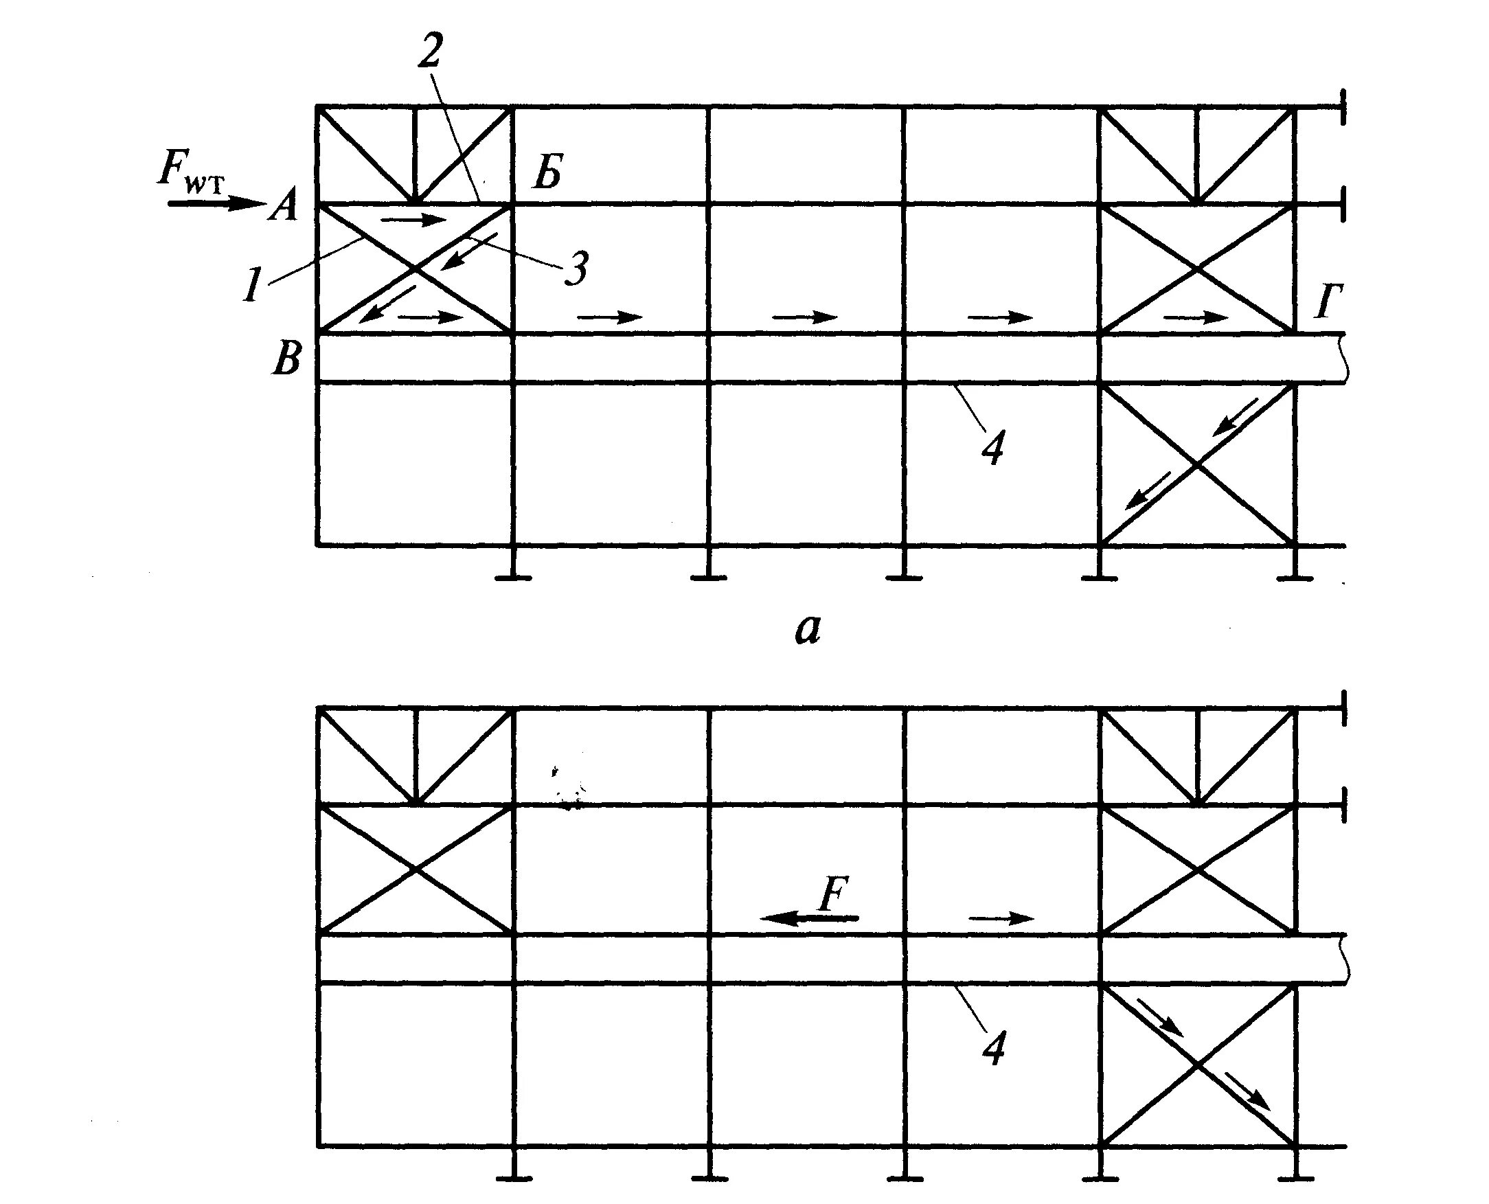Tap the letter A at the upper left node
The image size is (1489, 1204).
pyautogui.click(x=283, y=206)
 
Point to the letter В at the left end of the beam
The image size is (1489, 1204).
pyautogui.click(x=286, y=361)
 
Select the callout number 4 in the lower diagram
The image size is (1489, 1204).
pyautogui.click(x=992, y=1047)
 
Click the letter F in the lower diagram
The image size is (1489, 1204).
pyautogui.click(x=833, y=896)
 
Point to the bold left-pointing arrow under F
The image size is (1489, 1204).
pyautogui.click(x=808, y=918)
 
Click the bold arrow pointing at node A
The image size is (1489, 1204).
pyautogui.click(x=215, y=204)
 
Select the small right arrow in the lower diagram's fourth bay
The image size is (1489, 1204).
pyautogui.click(x=1001, y=919)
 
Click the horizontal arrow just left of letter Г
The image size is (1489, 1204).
pyautogui.click(x=1196, y=317)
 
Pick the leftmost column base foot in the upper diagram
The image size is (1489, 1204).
pyautogui.click(x=514, y=576)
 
